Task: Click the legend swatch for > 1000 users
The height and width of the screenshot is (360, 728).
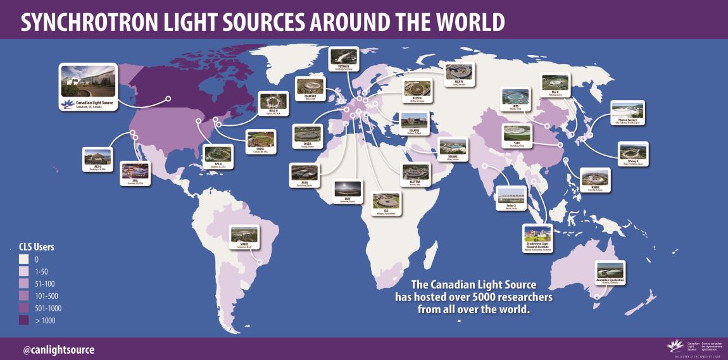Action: tap(23, 320)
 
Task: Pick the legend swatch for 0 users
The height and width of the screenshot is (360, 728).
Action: tap(23, 259)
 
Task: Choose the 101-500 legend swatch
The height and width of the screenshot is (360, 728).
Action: tap(23, 295)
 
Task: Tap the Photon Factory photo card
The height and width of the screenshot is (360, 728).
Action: tap(627, 112)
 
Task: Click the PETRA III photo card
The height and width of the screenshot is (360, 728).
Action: tap(344, 61)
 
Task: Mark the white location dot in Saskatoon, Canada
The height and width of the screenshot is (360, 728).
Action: tap(169, 98)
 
